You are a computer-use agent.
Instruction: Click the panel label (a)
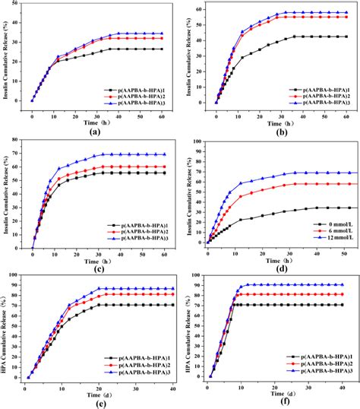(x=94, y=132)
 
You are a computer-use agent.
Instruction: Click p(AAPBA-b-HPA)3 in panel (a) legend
(x=141, y=98)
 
